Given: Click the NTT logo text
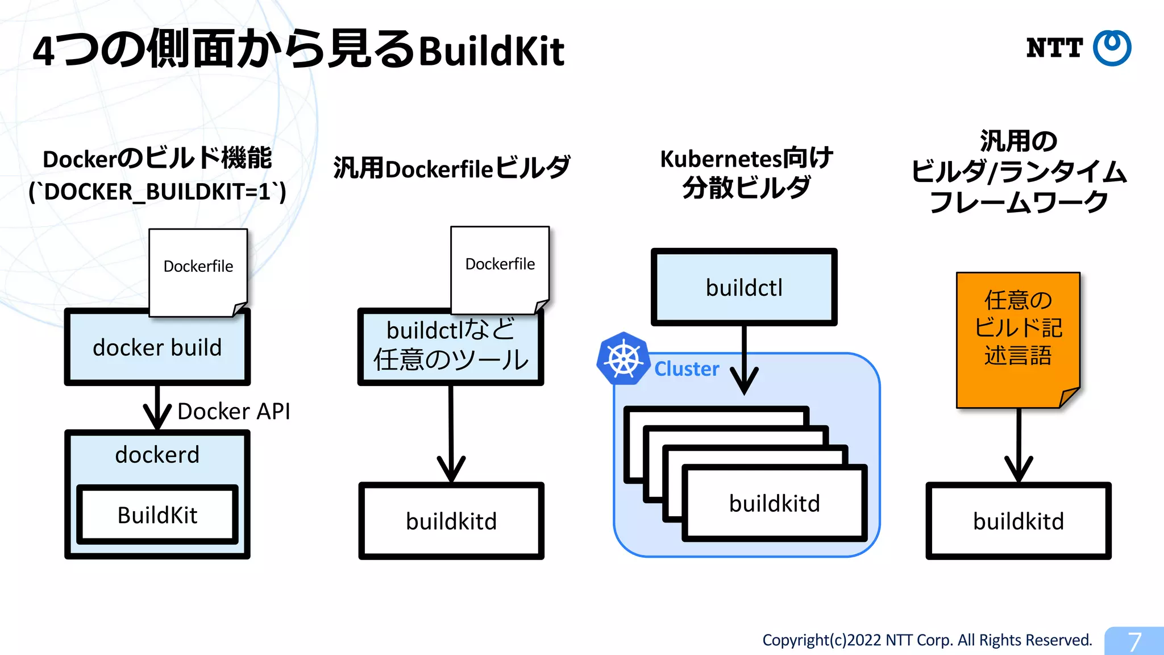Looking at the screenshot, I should tap(1054, 48).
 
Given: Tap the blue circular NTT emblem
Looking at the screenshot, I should tap(1112, 48).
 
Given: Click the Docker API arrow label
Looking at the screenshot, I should tap(234, 411).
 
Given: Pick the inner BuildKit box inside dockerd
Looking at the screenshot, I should tap(157, 515).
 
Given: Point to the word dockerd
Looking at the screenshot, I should tap(157, 455).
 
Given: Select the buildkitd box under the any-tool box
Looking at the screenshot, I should tap(451, 521).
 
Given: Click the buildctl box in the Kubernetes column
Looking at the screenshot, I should tap(744, 288).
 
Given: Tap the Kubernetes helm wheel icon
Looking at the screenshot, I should tap(623, 359).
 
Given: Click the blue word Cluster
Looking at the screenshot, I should tap(687, 369).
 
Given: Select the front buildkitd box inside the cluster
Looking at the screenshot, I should tap(775, 504).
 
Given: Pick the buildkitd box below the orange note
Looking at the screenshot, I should tap(1018, 521).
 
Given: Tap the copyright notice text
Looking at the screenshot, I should tap(927, 640).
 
